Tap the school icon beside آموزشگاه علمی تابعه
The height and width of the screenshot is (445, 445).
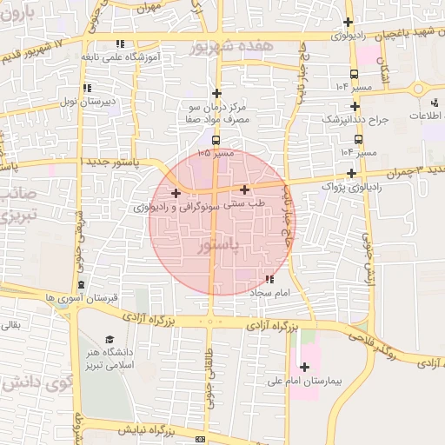pyautogui.click(x=121, y=43)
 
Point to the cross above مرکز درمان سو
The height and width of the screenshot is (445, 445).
pyautogui.click(x=217, y=93)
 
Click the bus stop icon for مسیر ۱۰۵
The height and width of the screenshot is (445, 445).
pyautogui.click(x=216, y=139)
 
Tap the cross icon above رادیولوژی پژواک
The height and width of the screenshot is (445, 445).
pyautogui.click(x=350, y=172)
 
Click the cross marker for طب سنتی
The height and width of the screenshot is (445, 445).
pyautogui.click(x=244, y=189)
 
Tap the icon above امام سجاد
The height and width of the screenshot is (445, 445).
pyautogui.click(x=269, y=279)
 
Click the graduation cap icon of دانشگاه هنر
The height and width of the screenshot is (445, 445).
pyautogui.click(x=110, y=340)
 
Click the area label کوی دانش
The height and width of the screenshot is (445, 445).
pyautogui.click(x=37, y=382)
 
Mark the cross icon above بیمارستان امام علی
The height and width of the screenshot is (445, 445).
pyautogui.click(x=303, y=366)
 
